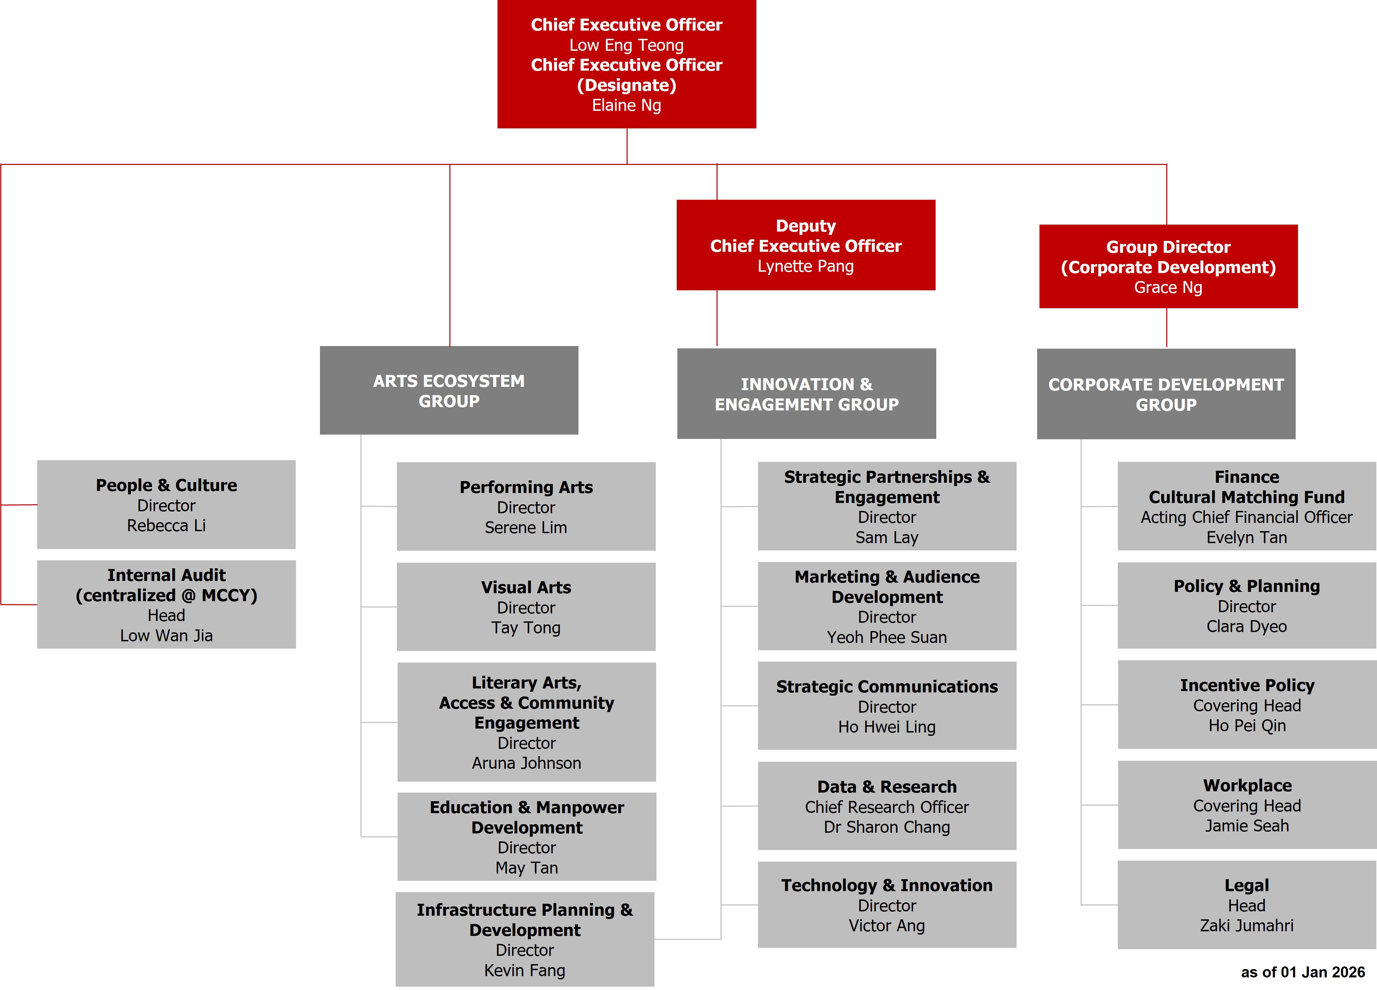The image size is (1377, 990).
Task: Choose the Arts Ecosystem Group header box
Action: click(449, 390)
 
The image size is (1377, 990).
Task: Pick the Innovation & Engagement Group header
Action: click(806, 393)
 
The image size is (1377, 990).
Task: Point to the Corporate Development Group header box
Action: click(1166, 394)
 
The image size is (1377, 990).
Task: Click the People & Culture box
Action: click(166, 504)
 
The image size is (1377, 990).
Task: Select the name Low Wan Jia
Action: click(166, 636)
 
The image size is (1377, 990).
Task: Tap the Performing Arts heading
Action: click(526, 487)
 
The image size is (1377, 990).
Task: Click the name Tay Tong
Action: click(526, 628)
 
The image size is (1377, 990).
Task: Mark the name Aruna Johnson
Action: click(526, 763)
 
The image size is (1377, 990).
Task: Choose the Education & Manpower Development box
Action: click(526, 836)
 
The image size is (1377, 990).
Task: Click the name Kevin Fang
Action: click(525, 970)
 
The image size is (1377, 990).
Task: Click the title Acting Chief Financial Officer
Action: click(1247, 517)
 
